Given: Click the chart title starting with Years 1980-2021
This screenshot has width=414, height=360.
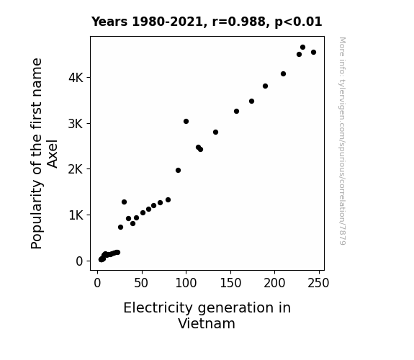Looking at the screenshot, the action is click(x=207, y=22).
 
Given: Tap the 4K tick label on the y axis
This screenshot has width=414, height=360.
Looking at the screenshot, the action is click(x=76, y=78).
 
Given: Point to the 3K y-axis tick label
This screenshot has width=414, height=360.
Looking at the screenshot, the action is click(x=76, y=124).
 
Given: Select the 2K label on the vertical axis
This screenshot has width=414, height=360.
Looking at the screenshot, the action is click(x=76, y=169).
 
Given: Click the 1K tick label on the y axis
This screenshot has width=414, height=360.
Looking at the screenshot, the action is click(x=76, y=215).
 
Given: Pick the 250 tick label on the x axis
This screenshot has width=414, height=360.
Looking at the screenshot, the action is click(x=318, y=283).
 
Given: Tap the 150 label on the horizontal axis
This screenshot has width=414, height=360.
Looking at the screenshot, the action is click(x=230, y=283).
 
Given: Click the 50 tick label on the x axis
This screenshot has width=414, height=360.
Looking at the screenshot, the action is click(x=141, y=283).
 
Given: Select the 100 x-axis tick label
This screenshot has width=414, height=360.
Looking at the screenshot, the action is click(x=186, y=283).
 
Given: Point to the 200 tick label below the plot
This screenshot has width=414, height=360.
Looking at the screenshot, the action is click(x=274, y=283).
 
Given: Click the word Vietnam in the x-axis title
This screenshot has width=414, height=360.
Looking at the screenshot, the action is click(x=207, y=323).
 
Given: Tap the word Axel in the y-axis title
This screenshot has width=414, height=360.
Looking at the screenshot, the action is click(x=53, y=154).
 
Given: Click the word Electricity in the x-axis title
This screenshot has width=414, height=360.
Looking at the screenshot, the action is click(x=158, y=308).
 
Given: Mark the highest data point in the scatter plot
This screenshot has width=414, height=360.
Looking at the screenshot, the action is click(x=303, y=48).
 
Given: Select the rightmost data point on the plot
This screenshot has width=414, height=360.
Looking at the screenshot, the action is click(x=313, y=53).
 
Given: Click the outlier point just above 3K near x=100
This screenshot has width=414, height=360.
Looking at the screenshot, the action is click(x=186, y=122).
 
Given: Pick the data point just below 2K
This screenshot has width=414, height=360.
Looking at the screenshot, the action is click(x=179, y=171).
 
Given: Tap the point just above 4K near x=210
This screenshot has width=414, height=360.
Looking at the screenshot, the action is click(x=283, y=74).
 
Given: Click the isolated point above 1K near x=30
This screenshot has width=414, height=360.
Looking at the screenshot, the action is click(x=124, y=202).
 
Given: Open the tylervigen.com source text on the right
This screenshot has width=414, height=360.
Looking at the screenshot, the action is click(x=342, y=141).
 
